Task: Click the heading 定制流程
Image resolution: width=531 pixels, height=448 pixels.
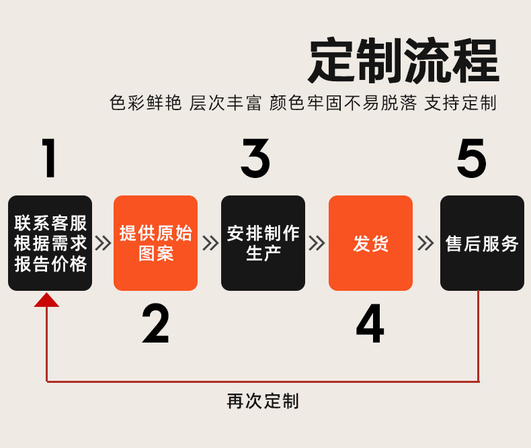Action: pyautogui.click(x=403, y=61)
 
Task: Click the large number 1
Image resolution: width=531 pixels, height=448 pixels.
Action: pyautogui.click(x=48, y=159)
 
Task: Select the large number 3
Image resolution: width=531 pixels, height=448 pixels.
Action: pyautogui.click(x=255, y=159)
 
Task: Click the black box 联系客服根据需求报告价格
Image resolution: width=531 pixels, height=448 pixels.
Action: pyautogui.click(x=50, y=243)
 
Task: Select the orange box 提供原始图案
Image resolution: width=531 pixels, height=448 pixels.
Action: pyautogui.click(x=155, y=243)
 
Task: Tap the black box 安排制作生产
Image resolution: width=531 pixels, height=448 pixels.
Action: pyautogui.click(x=263, y=243)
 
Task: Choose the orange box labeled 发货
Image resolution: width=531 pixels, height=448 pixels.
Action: pyautogui.click(x=370, y=243)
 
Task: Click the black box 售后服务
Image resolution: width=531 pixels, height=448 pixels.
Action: pyautogui.click(x=482, y=243)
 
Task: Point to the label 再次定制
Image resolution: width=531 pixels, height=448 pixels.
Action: pyautogui.click(x=263, y=402)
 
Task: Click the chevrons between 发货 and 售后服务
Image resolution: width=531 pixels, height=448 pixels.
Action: pyautogui.click(x=425, y=243)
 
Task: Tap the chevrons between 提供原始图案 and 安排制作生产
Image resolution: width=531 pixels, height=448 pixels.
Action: pyautogui.click(x=210, y=243)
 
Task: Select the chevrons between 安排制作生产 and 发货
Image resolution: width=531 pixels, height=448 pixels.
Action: pyautogui.click(x=317, y=243)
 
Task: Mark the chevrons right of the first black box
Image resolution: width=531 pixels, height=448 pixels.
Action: pyautogui.click(x=103, y=243)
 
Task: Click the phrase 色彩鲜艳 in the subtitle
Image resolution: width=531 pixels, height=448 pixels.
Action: pyautogui.click(x=145, y=103)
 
